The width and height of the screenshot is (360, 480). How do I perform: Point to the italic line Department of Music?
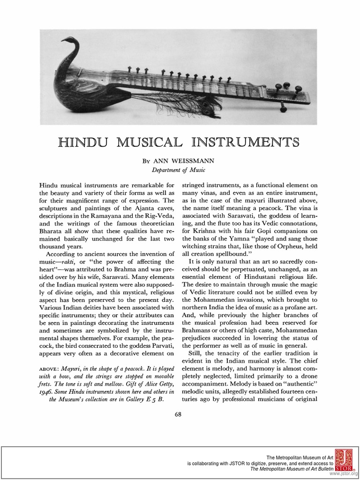180,170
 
